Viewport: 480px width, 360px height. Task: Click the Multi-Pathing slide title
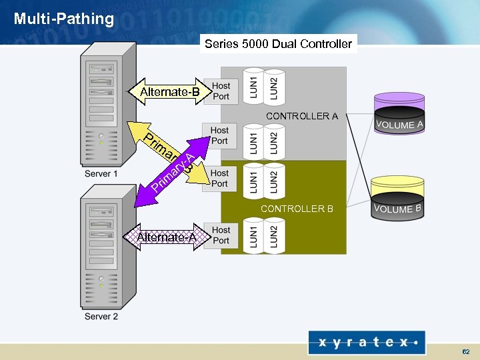(x=64, y=19)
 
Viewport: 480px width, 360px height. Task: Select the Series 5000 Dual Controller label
(x=278, y=44)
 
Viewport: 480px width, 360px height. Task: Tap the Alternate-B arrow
(x=168, y=92)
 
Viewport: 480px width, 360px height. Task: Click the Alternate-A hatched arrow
(x=165, y=237)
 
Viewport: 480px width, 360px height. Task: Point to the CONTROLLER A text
(x=301, y=116)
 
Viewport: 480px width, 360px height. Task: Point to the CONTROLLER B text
(x=297, y=209)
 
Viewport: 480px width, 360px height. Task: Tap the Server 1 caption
(x=101, y=174)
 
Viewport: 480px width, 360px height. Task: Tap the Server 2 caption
(x=101, y=316)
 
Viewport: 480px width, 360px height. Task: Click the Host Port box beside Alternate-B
(x=221, y=91)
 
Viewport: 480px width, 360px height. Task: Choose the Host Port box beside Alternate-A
(x=221, y=235)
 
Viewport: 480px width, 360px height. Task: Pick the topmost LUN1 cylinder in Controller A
(x=254, y=86)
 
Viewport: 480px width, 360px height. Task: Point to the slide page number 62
(x=465, y=351)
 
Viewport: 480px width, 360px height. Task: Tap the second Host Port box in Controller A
(x=219, y=135)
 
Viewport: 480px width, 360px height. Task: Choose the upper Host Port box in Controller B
(x=219, y=179)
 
